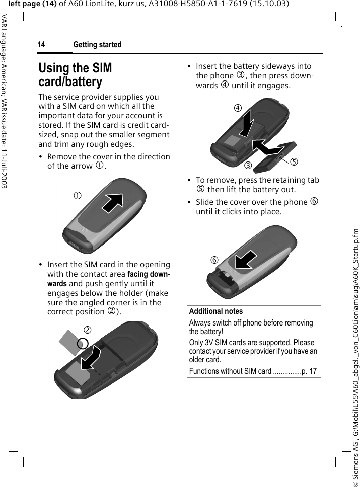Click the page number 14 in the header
pos(41,45)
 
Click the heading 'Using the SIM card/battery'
pos(75,74)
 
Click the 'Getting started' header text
pos(97,45)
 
